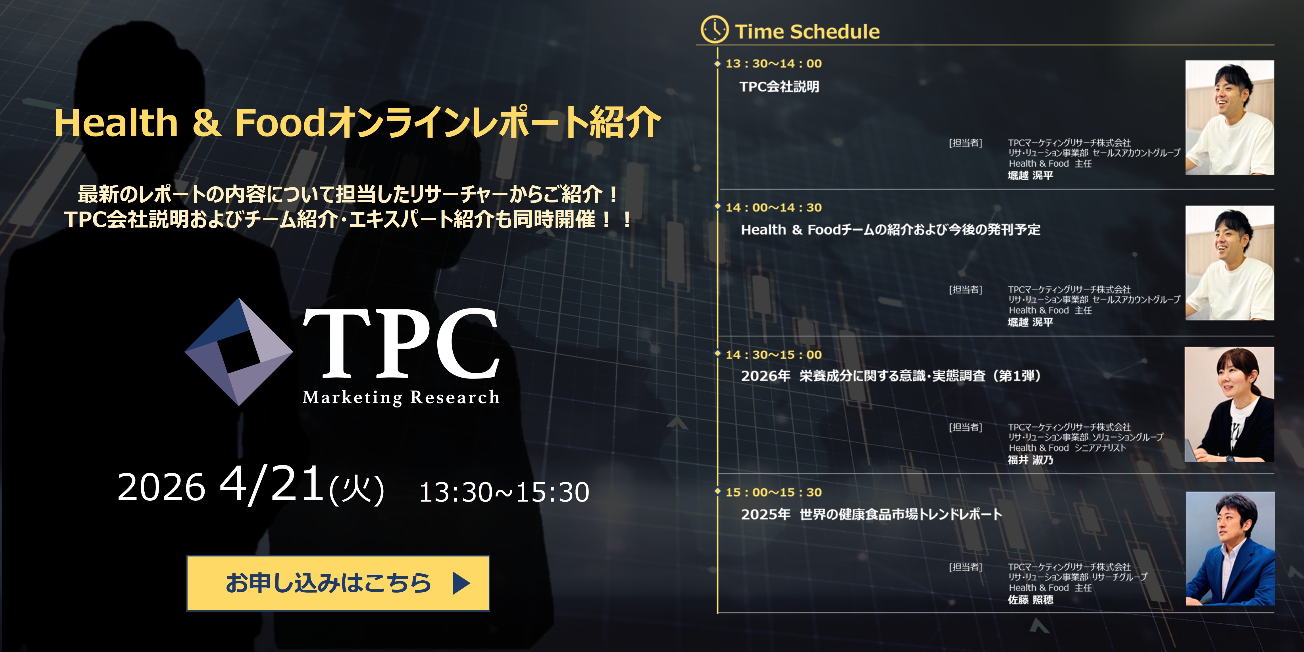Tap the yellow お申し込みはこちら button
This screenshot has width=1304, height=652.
point(338,583)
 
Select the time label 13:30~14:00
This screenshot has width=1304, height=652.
point(773,64)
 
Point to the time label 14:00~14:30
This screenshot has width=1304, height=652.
point(773,208)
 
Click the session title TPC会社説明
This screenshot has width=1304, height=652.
point(779,87)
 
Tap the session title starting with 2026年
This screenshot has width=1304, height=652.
point(891,376)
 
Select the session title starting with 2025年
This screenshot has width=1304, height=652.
point(871,514)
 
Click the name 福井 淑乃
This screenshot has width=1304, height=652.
point(1030,460)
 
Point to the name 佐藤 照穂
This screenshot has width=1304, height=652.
point(1030,600)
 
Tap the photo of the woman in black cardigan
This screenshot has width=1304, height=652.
point(1229,404)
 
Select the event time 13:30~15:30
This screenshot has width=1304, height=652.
point(504,492)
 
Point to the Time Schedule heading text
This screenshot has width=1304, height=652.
point(807,31)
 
